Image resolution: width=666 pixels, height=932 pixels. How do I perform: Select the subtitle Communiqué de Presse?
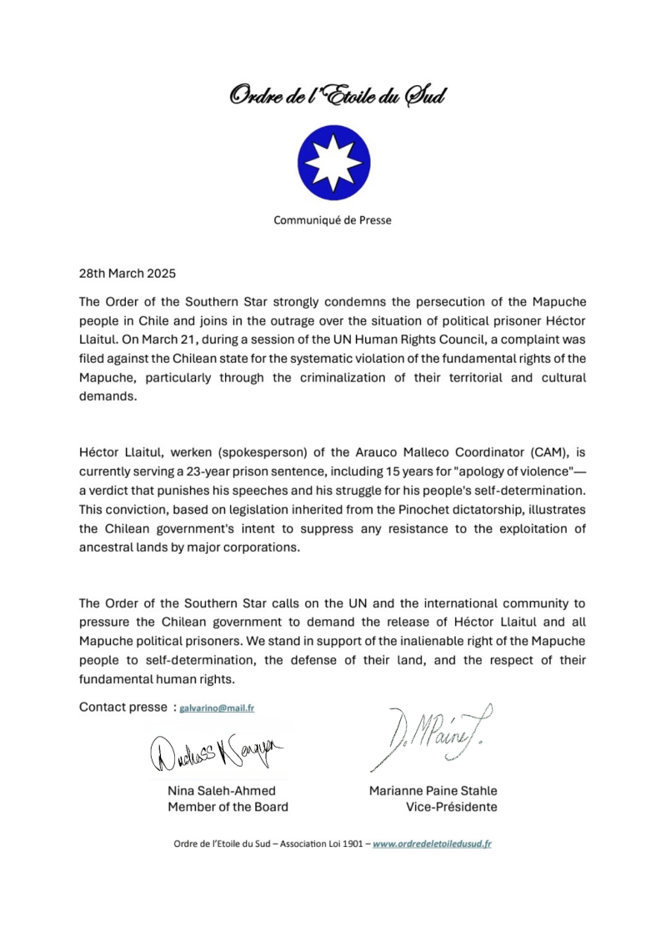click(333, 221)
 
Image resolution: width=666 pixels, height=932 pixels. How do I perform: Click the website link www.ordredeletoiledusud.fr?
click(432, 844)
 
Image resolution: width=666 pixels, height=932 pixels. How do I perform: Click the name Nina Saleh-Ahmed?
click(222, 790)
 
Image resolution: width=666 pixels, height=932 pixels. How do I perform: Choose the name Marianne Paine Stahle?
click(433, 790)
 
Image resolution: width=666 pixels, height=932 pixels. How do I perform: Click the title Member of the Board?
click(228, 807)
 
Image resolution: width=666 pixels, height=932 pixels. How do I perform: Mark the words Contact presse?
click(123, 707)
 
